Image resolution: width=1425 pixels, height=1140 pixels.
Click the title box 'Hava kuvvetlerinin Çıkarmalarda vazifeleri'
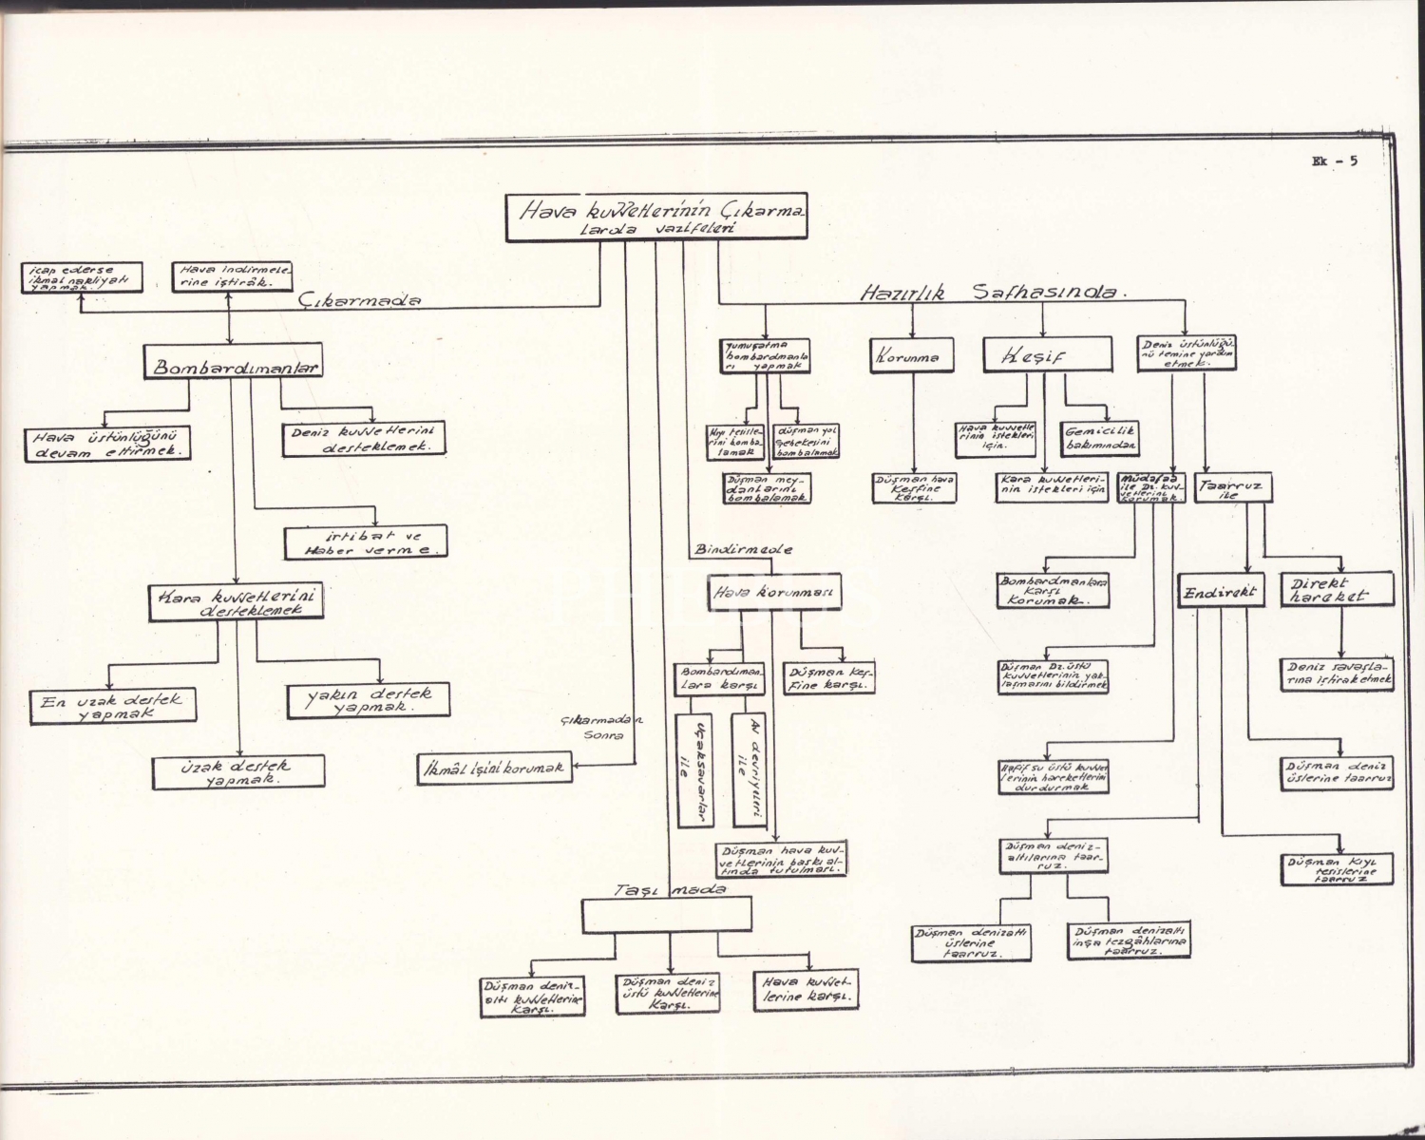pos(656,218)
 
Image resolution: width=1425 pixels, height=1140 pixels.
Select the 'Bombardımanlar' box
pos(232,366)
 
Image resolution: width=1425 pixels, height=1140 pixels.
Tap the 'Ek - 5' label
pos(1334,161)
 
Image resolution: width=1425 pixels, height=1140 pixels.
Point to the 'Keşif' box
pos(1047,355)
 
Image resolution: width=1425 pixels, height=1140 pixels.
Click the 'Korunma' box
pos(912,356)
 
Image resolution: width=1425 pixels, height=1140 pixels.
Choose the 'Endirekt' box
pos(1221,593)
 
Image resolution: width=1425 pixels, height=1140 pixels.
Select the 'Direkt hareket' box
pos(1337,589)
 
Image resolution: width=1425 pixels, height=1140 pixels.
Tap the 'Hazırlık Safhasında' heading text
pos(988,294)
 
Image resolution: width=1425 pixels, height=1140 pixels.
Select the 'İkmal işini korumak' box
pos(495,767)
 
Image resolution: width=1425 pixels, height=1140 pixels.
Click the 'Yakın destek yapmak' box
pos(368,700)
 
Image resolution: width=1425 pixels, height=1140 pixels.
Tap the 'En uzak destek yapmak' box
pos(111,705)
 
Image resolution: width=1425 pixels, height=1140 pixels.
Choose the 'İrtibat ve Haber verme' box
pos(366,542)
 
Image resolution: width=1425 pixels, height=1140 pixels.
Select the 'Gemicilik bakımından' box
pos(1101,437)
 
